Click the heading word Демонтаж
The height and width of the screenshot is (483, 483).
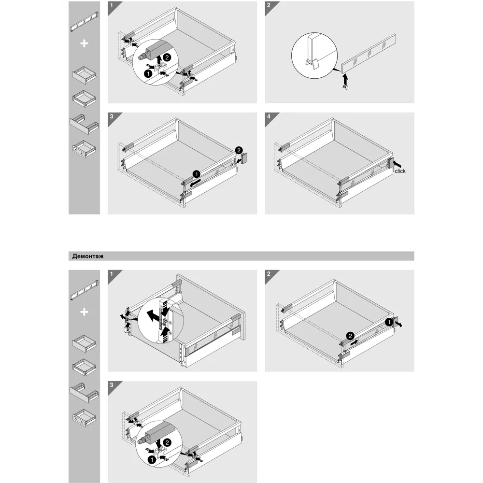pyautogui.click(x=88, y=256)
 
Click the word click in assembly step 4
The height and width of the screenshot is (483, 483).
pyautogui.click(x=400, y=171)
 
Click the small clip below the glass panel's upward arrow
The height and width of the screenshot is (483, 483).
pyautogui.click(x=346, y=88)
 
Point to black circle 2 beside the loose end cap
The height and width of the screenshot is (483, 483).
pyautogui.click(x=239, y=150)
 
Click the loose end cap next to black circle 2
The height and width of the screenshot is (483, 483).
pyautogui.click(x=245, y=158)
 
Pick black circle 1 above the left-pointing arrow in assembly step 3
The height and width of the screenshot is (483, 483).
pyautogui.click(x=196, y=174)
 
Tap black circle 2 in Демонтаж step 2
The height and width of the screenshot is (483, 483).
pyautogui.click(x=350, y=336)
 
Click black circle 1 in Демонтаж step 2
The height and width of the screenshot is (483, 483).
pyautogui.click(x=389, y=322)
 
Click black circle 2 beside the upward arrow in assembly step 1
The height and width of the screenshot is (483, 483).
pyautogui.click(x=167, y=57)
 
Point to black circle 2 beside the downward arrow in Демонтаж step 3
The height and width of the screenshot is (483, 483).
pyautogui.click(x=167, y=442)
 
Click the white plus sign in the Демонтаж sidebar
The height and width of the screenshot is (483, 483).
pyautogui.click(x=84, y=312)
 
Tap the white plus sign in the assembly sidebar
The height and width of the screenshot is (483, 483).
pyautogui.click(x=84, y=43)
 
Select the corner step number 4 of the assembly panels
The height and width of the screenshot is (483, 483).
pyautogui.click(x=269, y=116)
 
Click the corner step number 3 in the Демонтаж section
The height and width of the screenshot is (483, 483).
pyautogui.click(x=112, y=385)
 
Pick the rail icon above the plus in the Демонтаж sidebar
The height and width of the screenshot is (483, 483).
pyautogui.click(x=84, y=290)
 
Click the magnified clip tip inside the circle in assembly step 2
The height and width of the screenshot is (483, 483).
pyautogui.click(x=311, y=63)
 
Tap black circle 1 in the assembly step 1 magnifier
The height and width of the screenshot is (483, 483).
pyautogui.click(x=148, y=73)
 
